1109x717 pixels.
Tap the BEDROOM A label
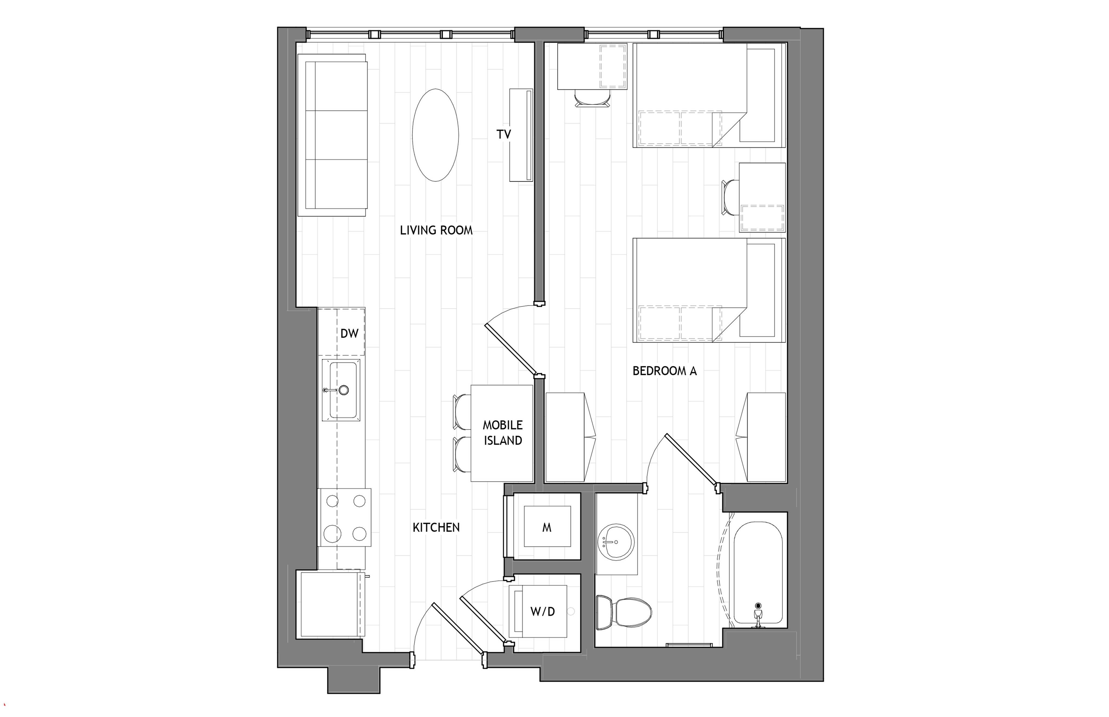pyautogui.click(x=665, y=371)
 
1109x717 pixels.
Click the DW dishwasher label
pyautogui.click(x=349, y=333)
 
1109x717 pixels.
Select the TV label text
pyautogui.click(x=504, y=134)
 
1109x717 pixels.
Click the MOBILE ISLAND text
pyautogui.click(x=503, y=433)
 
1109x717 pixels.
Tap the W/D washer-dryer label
pyautogui.click(x=543, y=611)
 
